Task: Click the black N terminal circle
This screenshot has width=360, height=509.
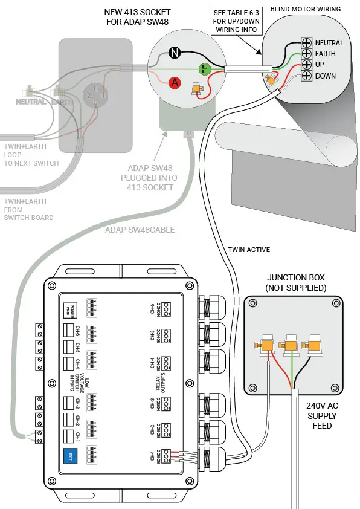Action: point(175,53)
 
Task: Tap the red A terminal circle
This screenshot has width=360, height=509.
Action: point(175,83)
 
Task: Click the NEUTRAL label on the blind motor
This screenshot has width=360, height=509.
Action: point(329,43)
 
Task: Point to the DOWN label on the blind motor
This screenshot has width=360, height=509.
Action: point(325,76)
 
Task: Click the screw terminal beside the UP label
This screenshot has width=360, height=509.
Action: point(307,65)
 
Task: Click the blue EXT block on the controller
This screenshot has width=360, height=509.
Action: point(70,455)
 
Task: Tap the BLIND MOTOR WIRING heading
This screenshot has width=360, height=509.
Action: point(305,9)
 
